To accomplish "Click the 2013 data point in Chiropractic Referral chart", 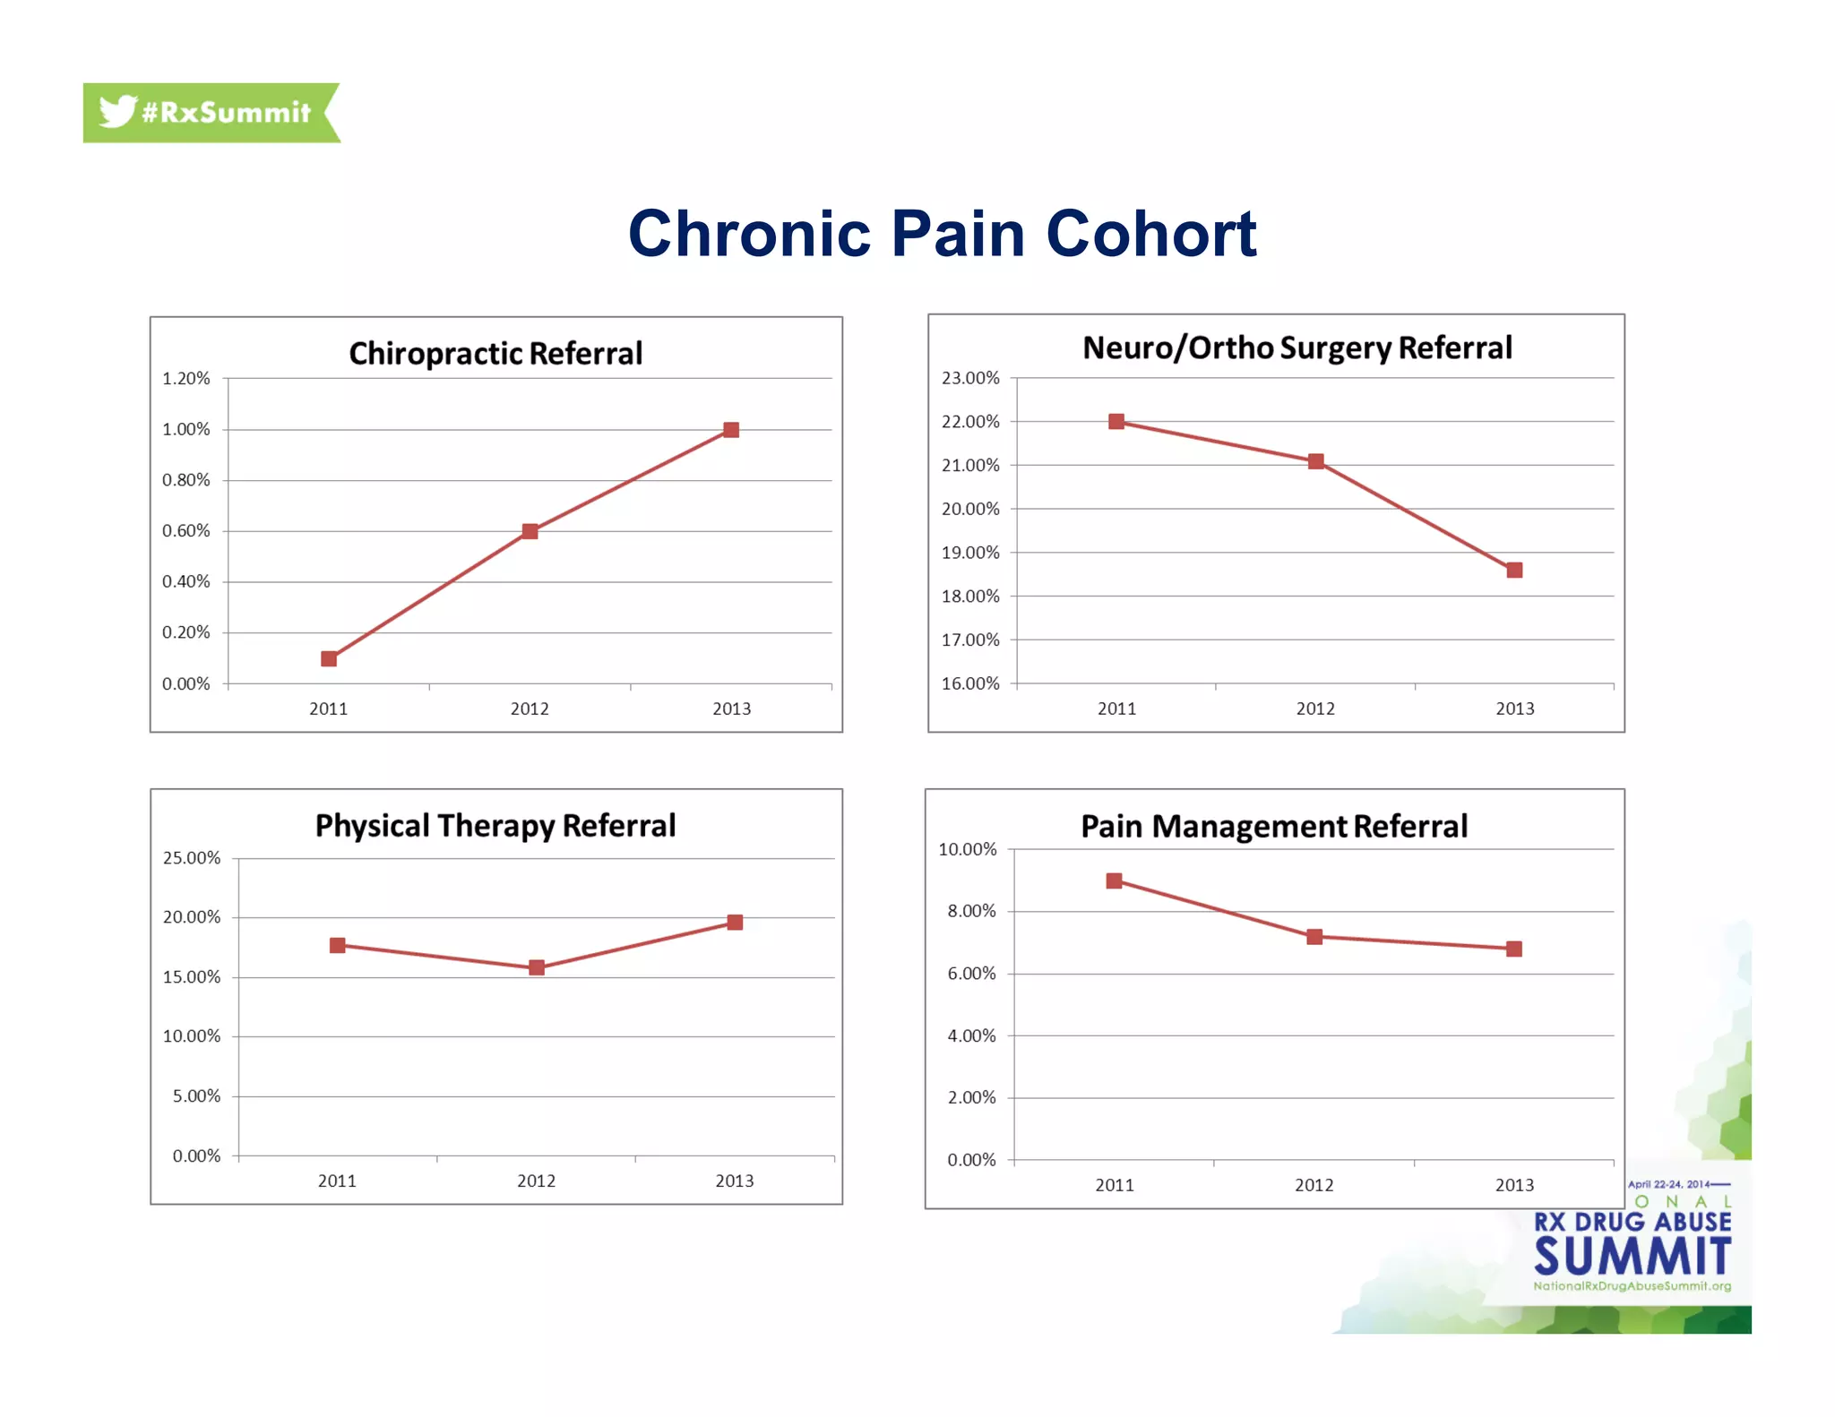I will [731, 430].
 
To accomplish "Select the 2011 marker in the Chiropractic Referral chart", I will [329, 658].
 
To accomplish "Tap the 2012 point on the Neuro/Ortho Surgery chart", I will [1315, 461].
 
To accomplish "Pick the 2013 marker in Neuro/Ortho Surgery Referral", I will [1514, 570].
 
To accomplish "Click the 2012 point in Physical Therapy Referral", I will [536, 967].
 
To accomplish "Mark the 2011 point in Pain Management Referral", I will [1114, 880].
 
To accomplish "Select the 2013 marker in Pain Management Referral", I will [1513, 949].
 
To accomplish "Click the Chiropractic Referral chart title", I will [495, 353].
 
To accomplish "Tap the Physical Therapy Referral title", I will [495, 825].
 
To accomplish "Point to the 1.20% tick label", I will [186, 378].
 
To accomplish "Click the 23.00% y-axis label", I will [970, 378].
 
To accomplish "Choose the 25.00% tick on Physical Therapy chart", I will [192, 858].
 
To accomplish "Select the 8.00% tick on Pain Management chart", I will [972, 911].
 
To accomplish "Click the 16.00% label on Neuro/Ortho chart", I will [970, 683].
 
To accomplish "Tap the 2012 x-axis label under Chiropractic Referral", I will [530, 708].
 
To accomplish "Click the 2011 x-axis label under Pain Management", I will [1115, 1185].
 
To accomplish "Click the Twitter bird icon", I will [117, 112].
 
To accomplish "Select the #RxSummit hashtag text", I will [226, 113].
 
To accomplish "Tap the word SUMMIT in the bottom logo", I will [1632, 1256].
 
